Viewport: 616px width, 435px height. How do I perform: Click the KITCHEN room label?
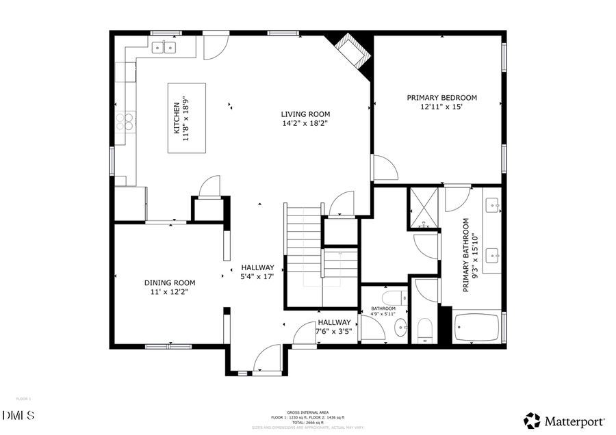click(176, 118)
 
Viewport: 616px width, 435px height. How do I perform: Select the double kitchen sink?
click(164, 47)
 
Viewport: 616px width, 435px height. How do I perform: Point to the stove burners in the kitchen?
click(125, 122)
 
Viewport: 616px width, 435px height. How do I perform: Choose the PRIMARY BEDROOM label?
click(441, 98)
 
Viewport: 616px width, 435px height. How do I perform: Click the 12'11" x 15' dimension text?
click(441, 107)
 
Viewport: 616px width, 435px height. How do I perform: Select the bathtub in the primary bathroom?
click(478, 329)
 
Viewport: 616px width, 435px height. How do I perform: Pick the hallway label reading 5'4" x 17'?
click(257, 277)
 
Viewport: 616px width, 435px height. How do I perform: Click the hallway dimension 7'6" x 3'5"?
click(333, 332)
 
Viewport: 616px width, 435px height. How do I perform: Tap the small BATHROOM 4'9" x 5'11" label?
click(383, 311)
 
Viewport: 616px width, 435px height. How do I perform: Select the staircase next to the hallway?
click(303, 253)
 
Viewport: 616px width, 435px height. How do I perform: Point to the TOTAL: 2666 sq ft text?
click(307, 422)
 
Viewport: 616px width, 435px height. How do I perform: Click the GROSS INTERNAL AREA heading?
click(307, 413)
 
